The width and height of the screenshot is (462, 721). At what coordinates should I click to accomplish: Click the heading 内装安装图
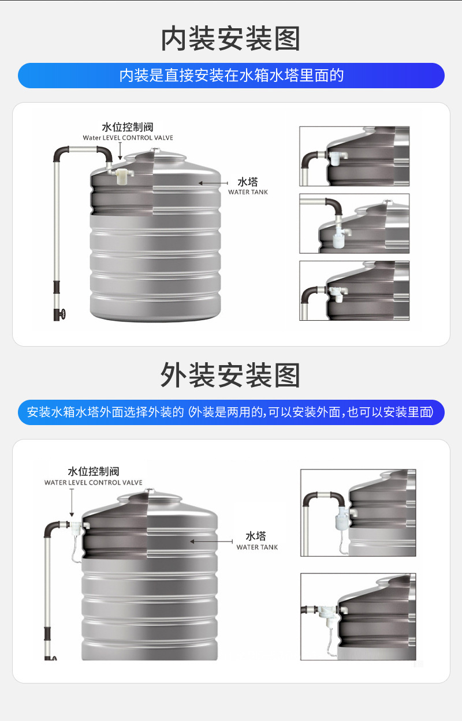tap(230, 39)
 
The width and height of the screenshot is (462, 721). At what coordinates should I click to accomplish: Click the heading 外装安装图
tap(230, 375)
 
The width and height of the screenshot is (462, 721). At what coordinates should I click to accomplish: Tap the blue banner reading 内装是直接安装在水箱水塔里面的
tap(231, 76)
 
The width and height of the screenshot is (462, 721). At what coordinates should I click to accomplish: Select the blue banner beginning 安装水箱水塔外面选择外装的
tap(231, 412)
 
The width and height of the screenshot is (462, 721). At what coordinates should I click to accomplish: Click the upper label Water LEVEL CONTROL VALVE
tap(128, 138)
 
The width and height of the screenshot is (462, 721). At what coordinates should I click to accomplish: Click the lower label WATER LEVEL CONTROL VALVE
tap(94, 483)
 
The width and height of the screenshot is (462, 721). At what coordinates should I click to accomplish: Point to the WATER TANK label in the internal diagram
tap(248, 192)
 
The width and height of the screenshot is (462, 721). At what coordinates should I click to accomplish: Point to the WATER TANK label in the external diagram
tap(257, 547)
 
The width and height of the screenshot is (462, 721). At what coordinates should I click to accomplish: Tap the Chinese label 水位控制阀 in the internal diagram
tap(128, 127)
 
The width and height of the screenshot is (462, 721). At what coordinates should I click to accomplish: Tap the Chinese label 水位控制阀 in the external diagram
tap(94, 472)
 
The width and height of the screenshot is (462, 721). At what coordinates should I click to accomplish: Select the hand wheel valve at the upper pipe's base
tap(61, 315)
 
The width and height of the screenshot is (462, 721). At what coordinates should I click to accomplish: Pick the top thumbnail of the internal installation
tap(354, 156)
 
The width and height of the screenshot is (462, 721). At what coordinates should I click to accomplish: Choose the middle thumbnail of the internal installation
tap(354, 223)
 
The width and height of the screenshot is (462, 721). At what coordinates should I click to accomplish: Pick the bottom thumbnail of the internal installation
tap(354, 291)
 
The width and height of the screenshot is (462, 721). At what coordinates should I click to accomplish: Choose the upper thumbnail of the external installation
tap(358, 513)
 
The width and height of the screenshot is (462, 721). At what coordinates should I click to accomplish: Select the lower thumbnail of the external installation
tap(358, 616)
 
